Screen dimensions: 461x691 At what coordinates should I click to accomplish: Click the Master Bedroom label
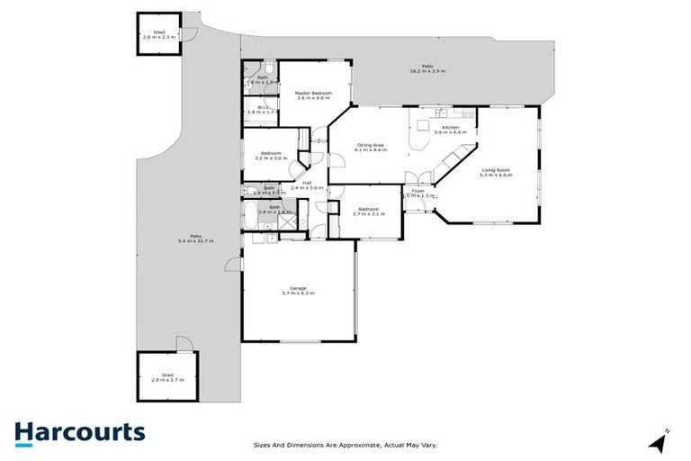point(314,93)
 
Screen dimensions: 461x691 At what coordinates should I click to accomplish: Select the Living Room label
point(496,169)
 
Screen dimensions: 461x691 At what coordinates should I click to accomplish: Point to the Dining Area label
point(372,144)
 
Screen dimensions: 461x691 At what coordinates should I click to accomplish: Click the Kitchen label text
point(451,128)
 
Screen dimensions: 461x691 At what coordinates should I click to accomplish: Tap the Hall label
point(307,184)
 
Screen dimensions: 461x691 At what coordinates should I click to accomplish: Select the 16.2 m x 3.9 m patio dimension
point(427,71)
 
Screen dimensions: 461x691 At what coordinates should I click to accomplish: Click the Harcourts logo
point(79,433)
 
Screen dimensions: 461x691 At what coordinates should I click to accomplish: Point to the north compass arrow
point(658,441)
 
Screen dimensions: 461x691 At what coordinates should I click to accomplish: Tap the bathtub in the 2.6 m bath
point(251,215)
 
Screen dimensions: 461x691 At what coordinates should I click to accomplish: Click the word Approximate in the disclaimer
point(358,445)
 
